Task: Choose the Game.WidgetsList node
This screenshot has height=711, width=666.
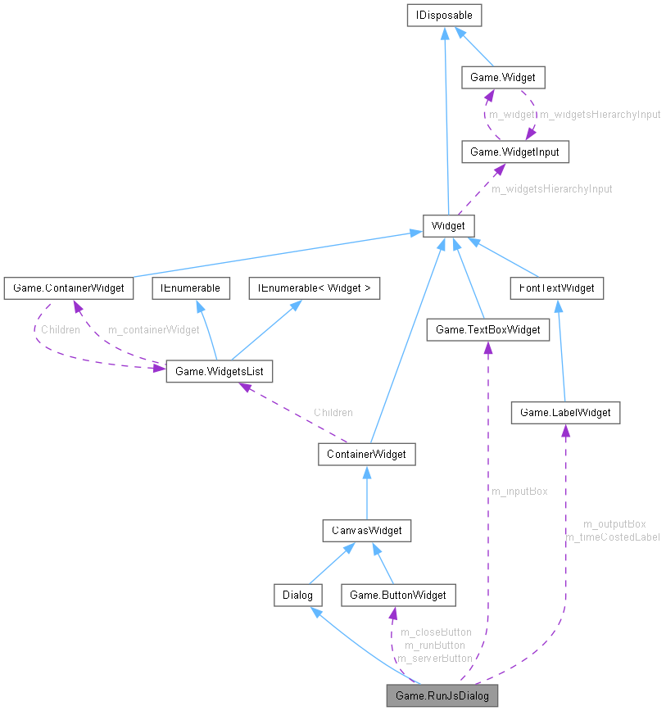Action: tap(219, 371)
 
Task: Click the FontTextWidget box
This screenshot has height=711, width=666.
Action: tap(556, 288)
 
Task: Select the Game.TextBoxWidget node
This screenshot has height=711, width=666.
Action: tap(487, 329)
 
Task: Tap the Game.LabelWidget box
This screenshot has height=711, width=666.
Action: tap(565, 412)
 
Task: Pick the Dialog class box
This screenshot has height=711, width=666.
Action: tap(298, 595)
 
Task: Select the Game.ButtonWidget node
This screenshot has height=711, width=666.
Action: tap(398, 595)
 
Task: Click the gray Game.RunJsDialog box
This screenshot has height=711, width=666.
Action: tap(442, 696)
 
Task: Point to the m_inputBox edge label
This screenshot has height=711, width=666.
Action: tap(519, 491)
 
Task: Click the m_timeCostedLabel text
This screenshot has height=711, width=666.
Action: tap(613, 537)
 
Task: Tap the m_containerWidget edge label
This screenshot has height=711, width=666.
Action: tap(154, 330)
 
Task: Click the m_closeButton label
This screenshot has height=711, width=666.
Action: tap(435, 632)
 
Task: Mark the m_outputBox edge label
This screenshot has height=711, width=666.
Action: tap(614, 524)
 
